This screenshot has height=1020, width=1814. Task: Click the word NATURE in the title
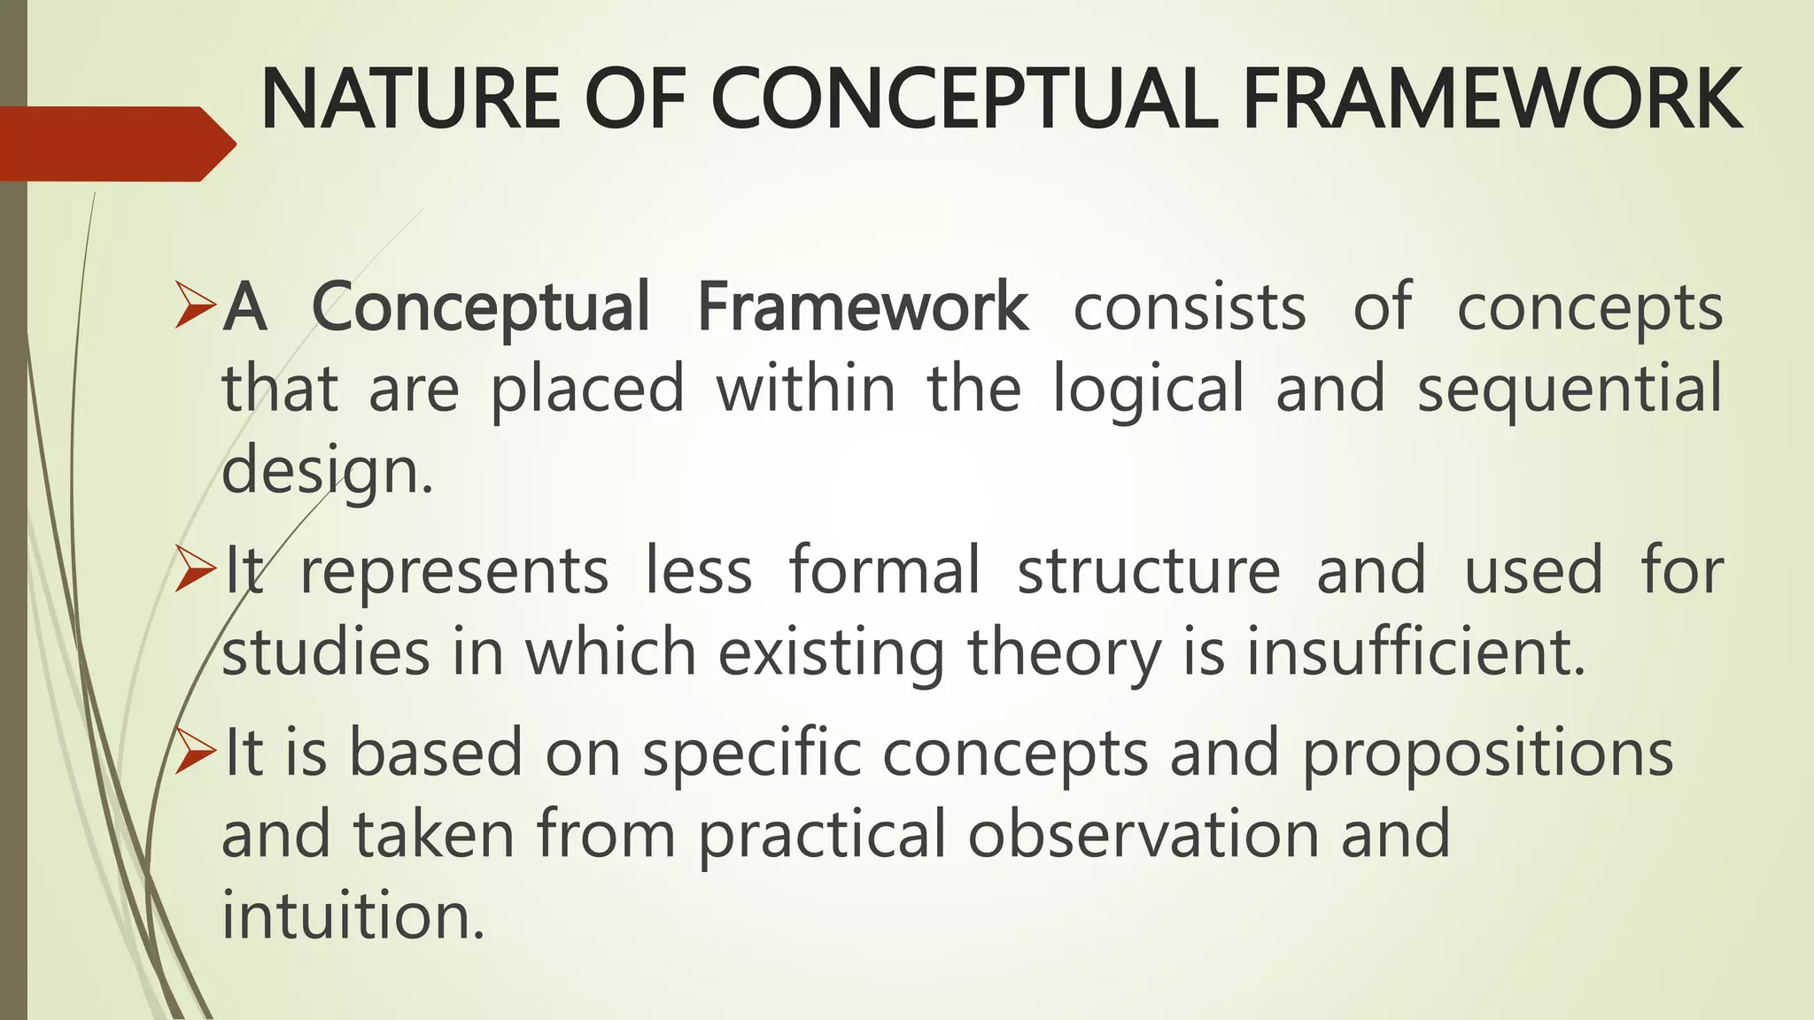click(410, 99)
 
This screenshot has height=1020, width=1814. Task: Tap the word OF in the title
click(635, 99)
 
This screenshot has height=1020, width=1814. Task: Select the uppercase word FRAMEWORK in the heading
click(1492, 99)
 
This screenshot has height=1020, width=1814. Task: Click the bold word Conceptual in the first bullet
click(481, 307)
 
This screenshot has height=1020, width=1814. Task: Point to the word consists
click(1190, 307)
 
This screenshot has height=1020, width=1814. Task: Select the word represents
click(454, 571)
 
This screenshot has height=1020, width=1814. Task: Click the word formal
click(885, 571)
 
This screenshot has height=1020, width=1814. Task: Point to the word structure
click(1149, 571)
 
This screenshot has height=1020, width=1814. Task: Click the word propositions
click(1487, 753)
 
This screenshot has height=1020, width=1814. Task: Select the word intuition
click(353, 916)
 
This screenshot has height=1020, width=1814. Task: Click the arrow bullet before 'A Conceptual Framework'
click(195, 305)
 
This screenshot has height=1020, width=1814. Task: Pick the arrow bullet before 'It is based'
click(195, 752)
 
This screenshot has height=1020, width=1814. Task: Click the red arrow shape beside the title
click(115, 143)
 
